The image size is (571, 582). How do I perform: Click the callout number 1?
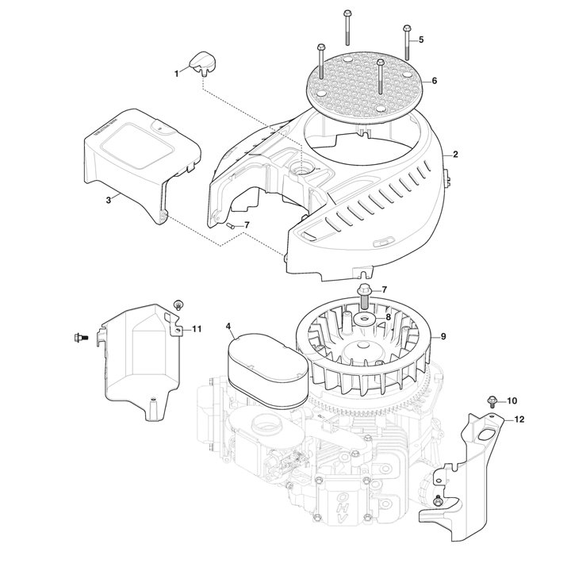coord(176,74)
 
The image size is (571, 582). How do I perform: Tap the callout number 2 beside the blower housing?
coord(455,154)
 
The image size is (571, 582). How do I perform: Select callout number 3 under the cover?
coord(109,200)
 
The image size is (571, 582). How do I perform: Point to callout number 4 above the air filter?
coord(228,326)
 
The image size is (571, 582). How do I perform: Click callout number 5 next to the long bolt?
coord(421,40)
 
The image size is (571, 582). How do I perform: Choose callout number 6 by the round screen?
coord(435,81)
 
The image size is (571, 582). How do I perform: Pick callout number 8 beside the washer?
coord(388,317)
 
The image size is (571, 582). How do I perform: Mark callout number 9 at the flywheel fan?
coord(443,336)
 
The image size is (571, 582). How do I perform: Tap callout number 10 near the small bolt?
coord(512,401)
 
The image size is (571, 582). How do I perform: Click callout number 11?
coord(197,329)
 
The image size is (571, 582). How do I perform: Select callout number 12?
coord(519,419)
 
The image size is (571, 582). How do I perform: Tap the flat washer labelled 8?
coord(365,318)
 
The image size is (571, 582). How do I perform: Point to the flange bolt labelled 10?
coord(492,401)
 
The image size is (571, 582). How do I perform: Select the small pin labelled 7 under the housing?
coord(229,226)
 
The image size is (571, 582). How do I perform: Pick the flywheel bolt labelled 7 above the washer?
coord(363,297)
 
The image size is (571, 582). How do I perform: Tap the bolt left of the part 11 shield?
coord(80,338)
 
